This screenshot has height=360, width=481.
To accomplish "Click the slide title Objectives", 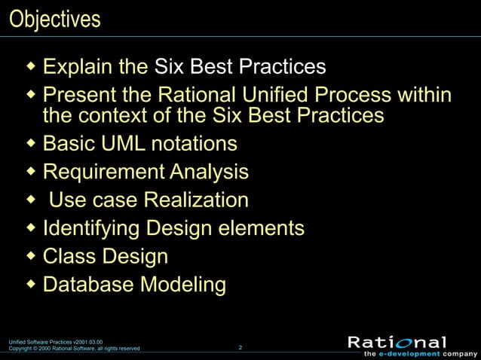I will click(54, 19).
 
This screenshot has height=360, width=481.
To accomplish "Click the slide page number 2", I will click(240, 347).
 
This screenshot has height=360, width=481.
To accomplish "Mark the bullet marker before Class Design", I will click(31, 256).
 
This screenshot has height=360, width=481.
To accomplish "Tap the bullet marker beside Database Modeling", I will click(31, 285).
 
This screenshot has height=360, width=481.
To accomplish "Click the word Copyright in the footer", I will click(22, 349).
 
